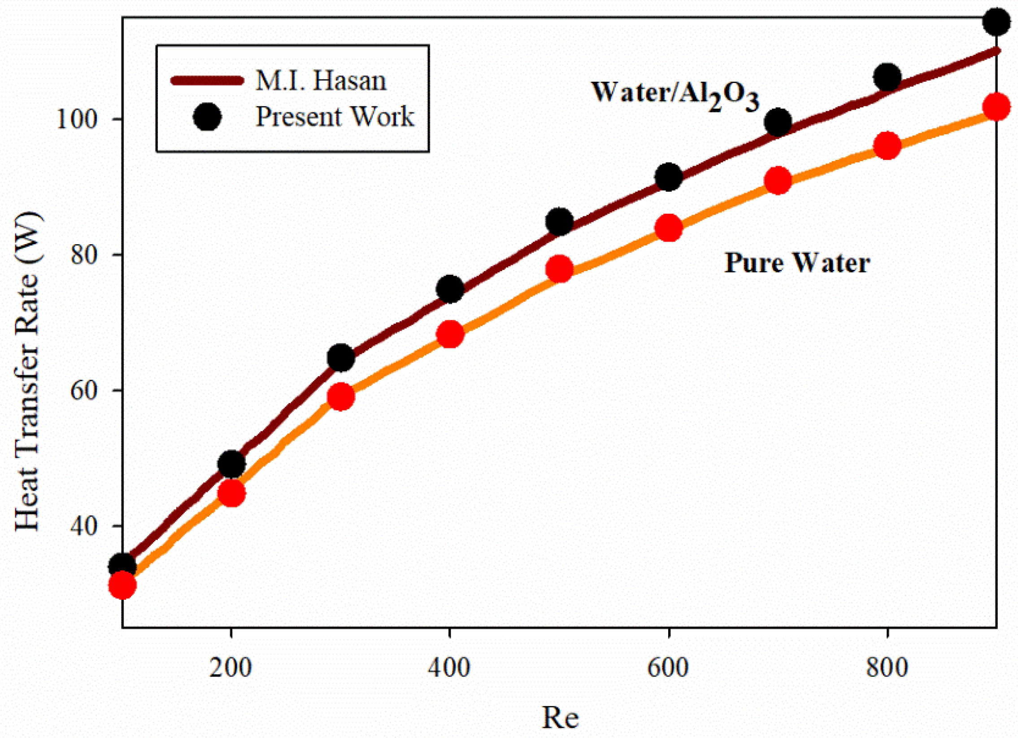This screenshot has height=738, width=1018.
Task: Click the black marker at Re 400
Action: (x=450, y=289)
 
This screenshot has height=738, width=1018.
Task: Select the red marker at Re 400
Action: (x=450, y=334)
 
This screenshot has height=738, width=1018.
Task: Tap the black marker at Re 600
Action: (x=669, y=177)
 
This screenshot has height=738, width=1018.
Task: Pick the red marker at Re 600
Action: (x=669, y=227)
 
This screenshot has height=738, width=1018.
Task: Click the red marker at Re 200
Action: (x=231, y=493)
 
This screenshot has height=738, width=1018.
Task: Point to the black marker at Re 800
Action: (x=887, y=77)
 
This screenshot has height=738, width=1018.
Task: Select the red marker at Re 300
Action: (x=341, y=397)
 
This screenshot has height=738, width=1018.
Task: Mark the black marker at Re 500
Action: (x=559, y=221)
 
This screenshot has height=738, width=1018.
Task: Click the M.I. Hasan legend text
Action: (x=321, y=81)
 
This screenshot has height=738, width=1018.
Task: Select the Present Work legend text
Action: (x=335, y=117)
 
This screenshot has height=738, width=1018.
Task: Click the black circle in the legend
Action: (x=207, y=117)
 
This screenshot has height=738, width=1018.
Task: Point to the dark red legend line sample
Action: (x=207, y=81)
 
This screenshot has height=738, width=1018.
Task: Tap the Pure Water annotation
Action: (x=797, y=263)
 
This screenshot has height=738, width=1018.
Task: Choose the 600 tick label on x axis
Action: (x=668, y=668)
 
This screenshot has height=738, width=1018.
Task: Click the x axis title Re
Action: (x=560, y=718)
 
